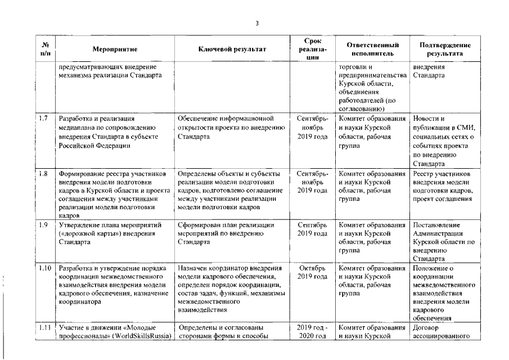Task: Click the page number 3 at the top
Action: (257, 23)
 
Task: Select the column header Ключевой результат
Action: (232, 49)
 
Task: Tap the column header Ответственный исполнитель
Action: (373, 49)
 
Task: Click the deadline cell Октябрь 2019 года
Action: (312, 272)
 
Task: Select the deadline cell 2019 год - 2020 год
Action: (312, 332)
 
